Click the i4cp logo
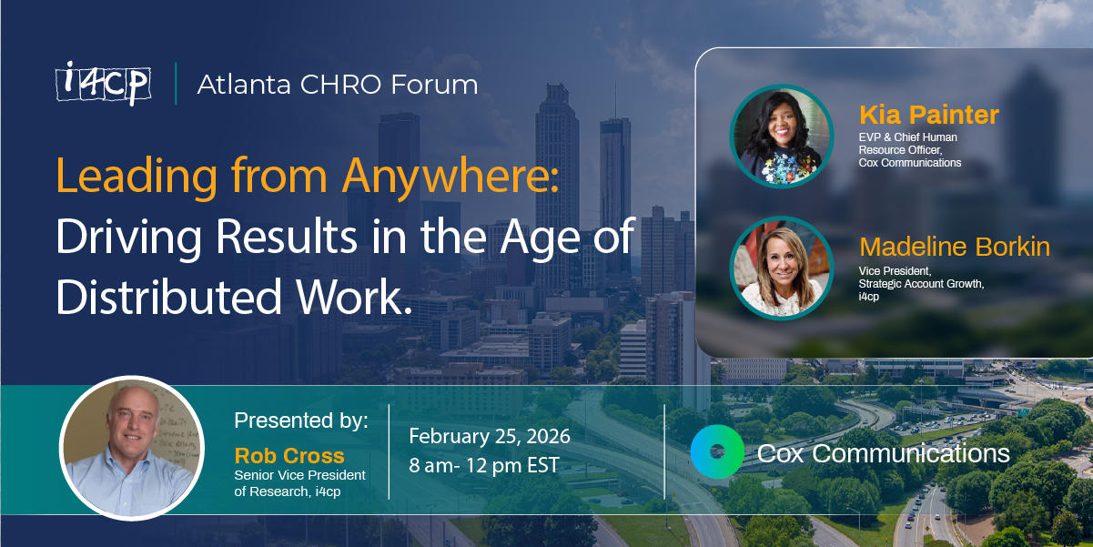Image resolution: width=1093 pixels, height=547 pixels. tap(102, 84)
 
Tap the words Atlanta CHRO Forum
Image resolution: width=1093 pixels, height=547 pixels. tap(338, 85)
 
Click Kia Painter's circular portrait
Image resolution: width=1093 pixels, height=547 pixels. tap(782, 136)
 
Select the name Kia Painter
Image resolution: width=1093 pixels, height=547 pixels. tap(928, 116)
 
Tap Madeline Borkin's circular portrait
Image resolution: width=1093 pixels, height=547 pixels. tap(782, 268)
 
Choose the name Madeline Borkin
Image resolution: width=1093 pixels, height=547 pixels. tap(955, 247)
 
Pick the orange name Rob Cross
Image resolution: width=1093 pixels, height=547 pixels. tap(289, 455)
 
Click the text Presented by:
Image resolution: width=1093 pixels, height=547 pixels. tap(301, 420)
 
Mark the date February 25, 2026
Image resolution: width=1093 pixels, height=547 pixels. tap(490, 436)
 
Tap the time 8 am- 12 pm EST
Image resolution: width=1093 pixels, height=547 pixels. tap(484, 466)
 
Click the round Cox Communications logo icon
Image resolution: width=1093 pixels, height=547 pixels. tap(717, 451)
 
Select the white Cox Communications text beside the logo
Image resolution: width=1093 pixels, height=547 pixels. tap(883, 453)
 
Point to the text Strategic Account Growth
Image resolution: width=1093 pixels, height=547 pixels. tap(921, 284)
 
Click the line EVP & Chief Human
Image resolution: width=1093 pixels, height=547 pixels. tap(907, 137)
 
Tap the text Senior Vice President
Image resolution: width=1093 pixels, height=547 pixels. tap(299, 475)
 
